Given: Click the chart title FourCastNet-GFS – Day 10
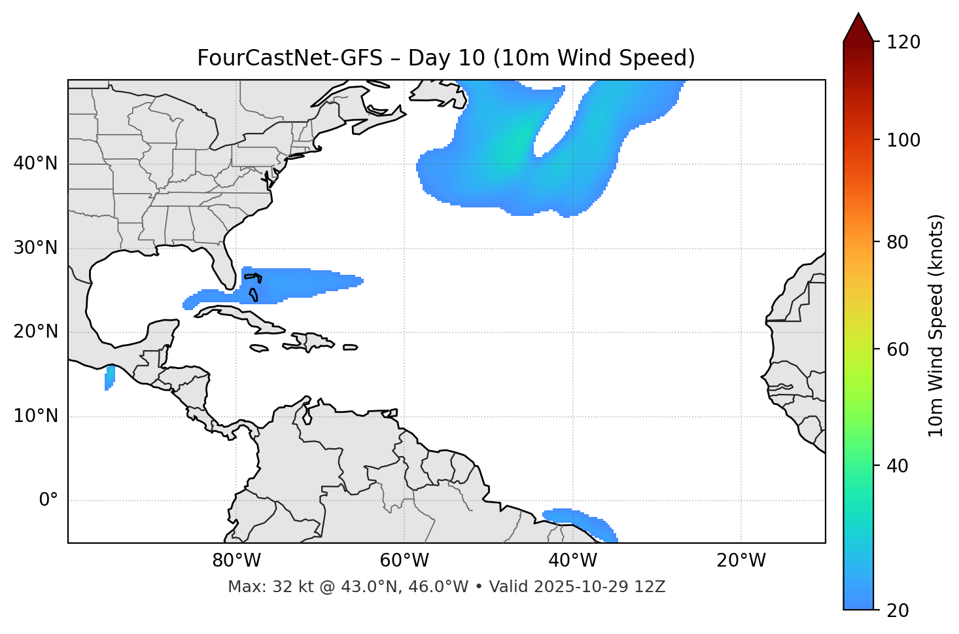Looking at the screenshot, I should pyautogui.click(x=445, y=58).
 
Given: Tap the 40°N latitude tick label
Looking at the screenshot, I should pyautogui.click(x=35, y=164).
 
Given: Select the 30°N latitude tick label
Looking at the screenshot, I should pyautogui.click(x=35, y=248).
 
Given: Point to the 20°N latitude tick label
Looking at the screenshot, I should pyautogui.click(x=35, y=332).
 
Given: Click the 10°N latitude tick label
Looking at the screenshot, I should pyautogui.click(x=35, y=416).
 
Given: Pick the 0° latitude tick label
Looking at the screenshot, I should pyautogui.click(x=48, y=501).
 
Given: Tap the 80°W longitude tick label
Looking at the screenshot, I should pyautogui.click(x=236, y=561).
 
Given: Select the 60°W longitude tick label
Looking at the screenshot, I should pyautogui.click(x=404, y=561).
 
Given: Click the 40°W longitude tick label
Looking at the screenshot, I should pyautogui.click(x=572, y=561).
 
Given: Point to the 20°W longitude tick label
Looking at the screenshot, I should pyautogui.click(x=741, y=561).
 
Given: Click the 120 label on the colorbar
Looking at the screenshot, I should pyautogui.click(x=905, y=43).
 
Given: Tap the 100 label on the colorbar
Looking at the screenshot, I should pyautogui.click(x=905, y=140).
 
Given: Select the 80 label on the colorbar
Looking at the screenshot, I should pyautogui.click(x=899, y=242).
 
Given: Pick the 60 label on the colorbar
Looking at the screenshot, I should pyautogui.click(x=899, y=349).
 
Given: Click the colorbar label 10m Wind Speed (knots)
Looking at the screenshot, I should pyautogui.click(x=936, y=325).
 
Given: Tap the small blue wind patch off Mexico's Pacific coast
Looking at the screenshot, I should pyautogui.click(x=110, y=378).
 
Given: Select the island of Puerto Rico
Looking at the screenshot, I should pyautogui.click(x=350, y=347).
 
